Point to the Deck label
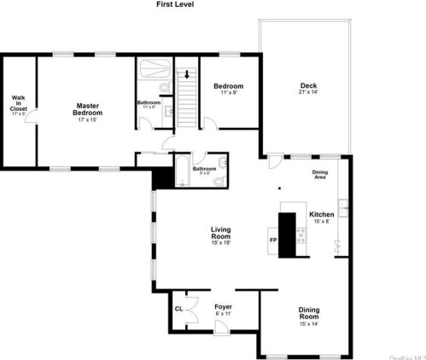[x=307, y=84]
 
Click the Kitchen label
[x=321, y=213]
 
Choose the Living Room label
[x=221, y=231]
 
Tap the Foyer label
[x=224, y=305]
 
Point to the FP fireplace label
[x=273, y=240]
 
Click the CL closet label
[x=178, y=308]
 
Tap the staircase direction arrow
[x=186, y=74]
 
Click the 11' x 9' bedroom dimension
[x=228, y=93]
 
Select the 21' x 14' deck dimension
[x=307, y=92]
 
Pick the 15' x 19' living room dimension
[x=221, y=242]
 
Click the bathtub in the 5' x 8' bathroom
[x=184, y=171]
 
